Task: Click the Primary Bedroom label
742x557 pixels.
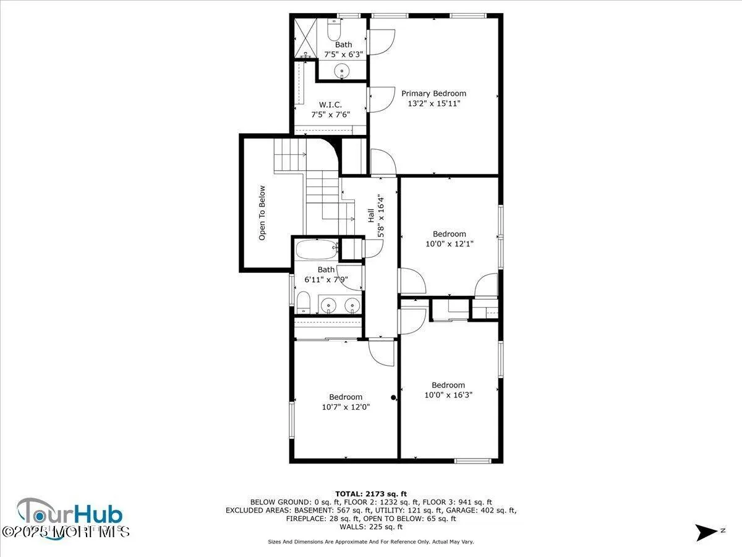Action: click(433, 93)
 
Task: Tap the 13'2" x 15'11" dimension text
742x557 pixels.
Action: click(433, 103)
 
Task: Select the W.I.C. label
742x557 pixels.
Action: click(331, 104)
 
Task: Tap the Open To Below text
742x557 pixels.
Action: click(262, 213)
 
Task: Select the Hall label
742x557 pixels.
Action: click(370, 215)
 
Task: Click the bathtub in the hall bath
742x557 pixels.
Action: click(316, 250)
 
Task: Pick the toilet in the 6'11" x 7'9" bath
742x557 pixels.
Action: click(303, 303)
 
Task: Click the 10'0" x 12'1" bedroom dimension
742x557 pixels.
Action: click(449, 244)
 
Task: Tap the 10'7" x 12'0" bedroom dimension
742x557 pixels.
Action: click(346, 407)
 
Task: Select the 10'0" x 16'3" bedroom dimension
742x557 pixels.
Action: click(448, 395)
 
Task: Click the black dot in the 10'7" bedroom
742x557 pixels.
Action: click(393, 398)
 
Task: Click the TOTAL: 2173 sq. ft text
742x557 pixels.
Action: click(370, 493)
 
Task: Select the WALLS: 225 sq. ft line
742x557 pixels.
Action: click(370, 527)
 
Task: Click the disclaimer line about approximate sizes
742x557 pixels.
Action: click(370, 542)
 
